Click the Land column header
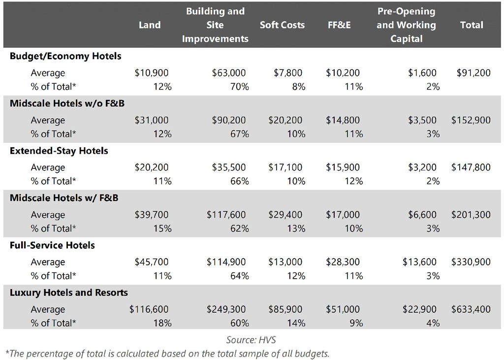149,25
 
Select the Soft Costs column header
282,25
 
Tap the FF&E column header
339,25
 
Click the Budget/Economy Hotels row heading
65,56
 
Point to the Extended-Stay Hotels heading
59,151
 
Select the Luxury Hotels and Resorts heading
68,293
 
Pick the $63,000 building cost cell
229,73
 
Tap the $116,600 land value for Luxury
149,309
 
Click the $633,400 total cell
471,309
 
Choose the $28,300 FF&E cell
343,262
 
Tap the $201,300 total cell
471,215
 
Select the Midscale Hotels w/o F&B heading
69,103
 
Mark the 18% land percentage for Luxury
162,323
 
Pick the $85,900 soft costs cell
285,309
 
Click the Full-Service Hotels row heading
52,245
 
